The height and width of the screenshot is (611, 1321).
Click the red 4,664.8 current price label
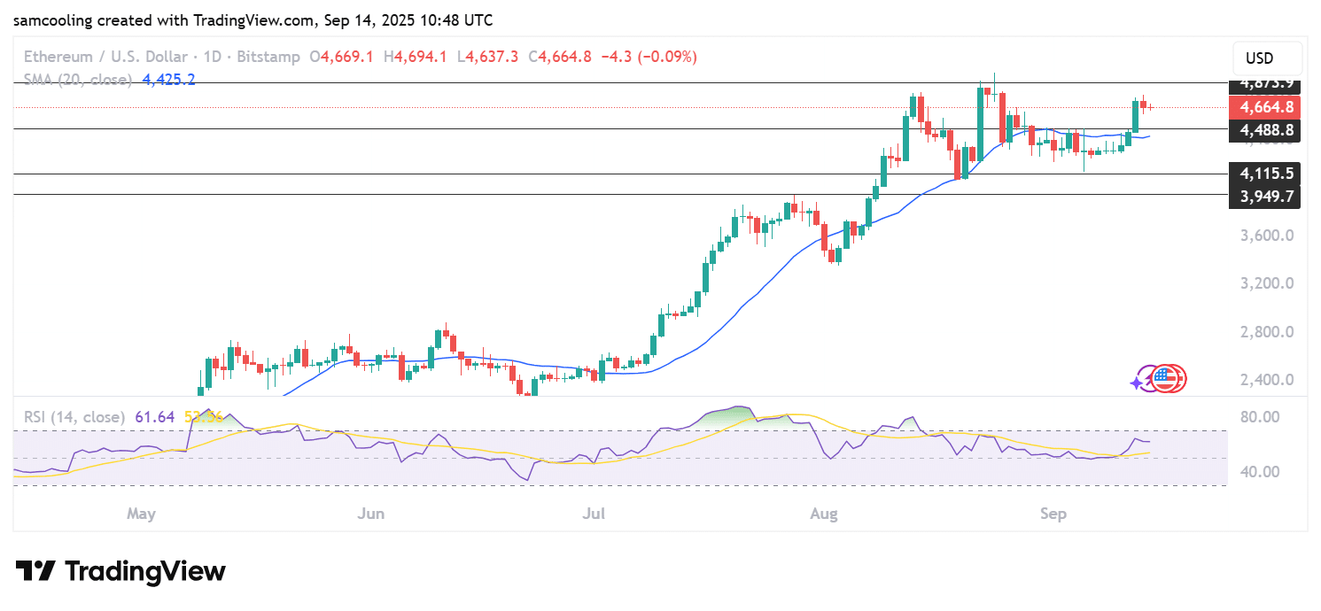point(1267,107)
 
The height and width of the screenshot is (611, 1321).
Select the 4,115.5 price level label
point(1265,174)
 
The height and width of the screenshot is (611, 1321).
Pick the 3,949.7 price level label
point(1265,195)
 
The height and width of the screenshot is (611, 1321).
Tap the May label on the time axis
point(141,513)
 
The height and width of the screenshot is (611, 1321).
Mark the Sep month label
point(1053,513)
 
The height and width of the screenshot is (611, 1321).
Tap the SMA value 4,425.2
point(168,80)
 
